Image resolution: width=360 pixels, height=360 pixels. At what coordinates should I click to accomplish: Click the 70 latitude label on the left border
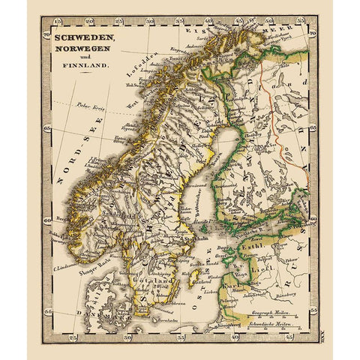[x=46, y=34]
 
